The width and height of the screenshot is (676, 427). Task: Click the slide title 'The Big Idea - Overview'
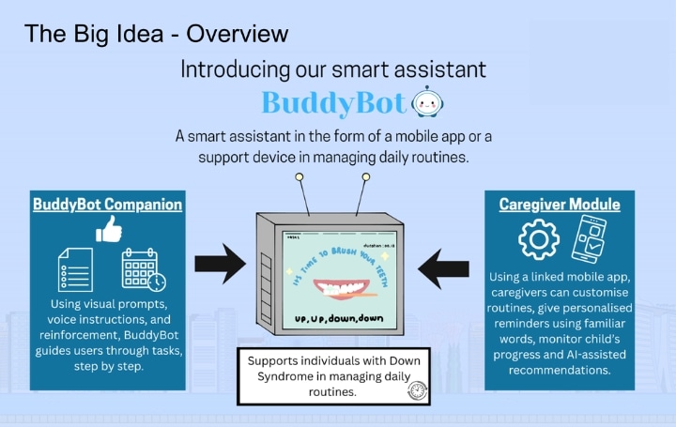[156, 35]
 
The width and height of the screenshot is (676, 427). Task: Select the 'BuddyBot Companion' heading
[108, 204]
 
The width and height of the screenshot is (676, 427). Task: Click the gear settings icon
[539, 241]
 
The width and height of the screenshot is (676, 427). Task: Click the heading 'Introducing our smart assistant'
[333, 69]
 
